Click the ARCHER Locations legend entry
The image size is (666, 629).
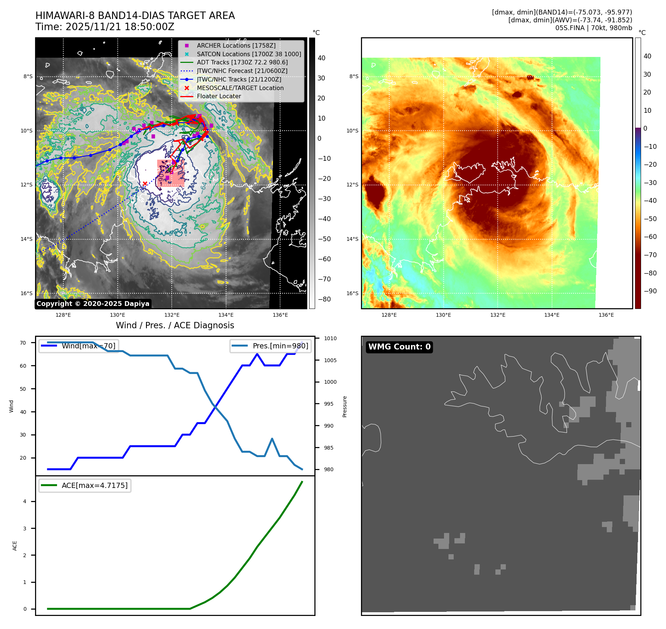(x=236, y=45)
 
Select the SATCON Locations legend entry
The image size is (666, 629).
(x=249, y=54)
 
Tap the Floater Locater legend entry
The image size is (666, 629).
(x=219, y=96)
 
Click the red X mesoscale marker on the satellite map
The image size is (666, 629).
(x=145, y=183)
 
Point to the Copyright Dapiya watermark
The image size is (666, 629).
(x=93, y=304)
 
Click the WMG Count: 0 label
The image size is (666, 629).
(x=399, y=347)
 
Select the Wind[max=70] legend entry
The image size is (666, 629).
(x=88, y=346)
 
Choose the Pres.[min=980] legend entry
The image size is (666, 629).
(x=280, y=346)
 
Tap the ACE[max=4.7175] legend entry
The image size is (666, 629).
(x=94, y=485)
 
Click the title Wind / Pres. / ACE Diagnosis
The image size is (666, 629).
(x=175, y=325)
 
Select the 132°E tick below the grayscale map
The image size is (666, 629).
(x=172, y=315)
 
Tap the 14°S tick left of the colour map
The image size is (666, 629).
(x=352, y=239)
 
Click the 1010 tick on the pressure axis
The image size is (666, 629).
(x=330, y=338)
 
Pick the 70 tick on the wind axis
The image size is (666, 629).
(x=23, y=343)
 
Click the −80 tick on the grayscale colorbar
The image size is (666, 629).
(x=324, y=299)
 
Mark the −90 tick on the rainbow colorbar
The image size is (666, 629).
(x=650, y=291)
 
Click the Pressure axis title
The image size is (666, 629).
(x=345, y=406)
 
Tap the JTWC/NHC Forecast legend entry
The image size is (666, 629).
(x=242, y=71)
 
